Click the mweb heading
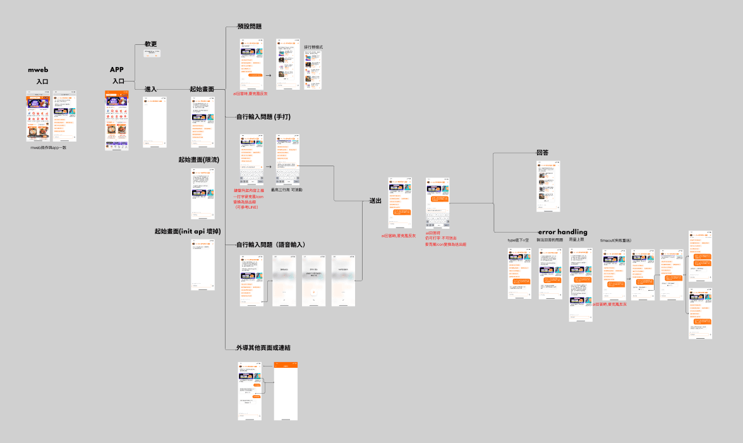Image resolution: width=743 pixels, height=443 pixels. pyautogui.click(x=39, y=70)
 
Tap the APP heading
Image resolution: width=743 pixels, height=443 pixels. pyautogui.click(x=117, y=70)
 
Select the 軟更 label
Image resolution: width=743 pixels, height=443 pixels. pyautogui.click(x=150, y=44)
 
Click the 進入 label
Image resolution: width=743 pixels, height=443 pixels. pyautogui.click(x=150, y=89)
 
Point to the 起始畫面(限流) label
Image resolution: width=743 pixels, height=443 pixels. pyautogui.click(x=198, y=160)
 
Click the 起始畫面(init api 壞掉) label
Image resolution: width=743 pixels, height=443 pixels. pyautogui.click(x=187, y=231)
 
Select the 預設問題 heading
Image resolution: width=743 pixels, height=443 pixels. pyautogui.click(x=250, y=27)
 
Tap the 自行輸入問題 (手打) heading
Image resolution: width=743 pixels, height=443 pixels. pyautogui.click(x=263, y=118)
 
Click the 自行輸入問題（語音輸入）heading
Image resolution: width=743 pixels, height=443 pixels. pyautogui.click(x=271, y=245)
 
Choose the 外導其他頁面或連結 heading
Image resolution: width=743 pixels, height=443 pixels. pyautogui.click(x=267, y=348)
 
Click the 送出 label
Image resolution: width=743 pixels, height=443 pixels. pyautogui.click(x=375, y=202)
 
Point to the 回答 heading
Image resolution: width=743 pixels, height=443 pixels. pyautogui.click(x=542, y=153)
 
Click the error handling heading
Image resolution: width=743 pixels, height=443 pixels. pyautogui.click(x=562, y=232)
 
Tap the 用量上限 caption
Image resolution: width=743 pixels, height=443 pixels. pyautogui.click(x=577, y=240)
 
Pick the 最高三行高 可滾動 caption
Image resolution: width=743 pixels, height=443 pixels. pyautogui.click(x=286, y=190)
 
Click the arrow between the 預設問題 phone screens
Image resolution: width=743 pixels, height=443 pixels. pyautogui.click(x=269, y=75)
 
